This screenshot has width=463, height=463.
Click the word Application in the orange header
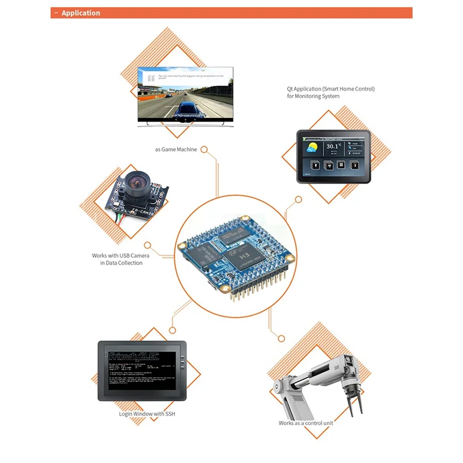click(80, 13)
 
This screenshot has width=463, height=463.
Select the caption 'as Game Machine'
click(176, 149)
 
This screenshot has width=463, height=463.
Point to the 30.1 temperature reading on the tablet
click(332, 147)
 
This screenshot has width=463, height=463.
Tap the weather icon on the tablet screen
click(313, 147)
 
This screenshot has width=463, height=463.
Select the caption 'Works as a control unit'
click(306, 423)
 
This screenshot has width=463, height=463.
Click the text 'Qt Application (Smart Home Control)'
click(331, 89)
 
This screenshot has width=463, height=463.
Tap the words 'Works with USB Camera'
click(117, 255)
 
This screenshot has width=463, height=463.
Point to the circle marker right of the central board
click(298, 200)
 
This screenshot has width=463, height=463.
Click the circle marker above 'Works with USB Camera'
click(148, 245)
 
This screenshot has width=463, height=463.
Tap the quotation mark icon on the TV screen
click(151, 78)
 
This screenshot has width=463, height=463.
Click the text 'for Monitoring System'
click(313, 96)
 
